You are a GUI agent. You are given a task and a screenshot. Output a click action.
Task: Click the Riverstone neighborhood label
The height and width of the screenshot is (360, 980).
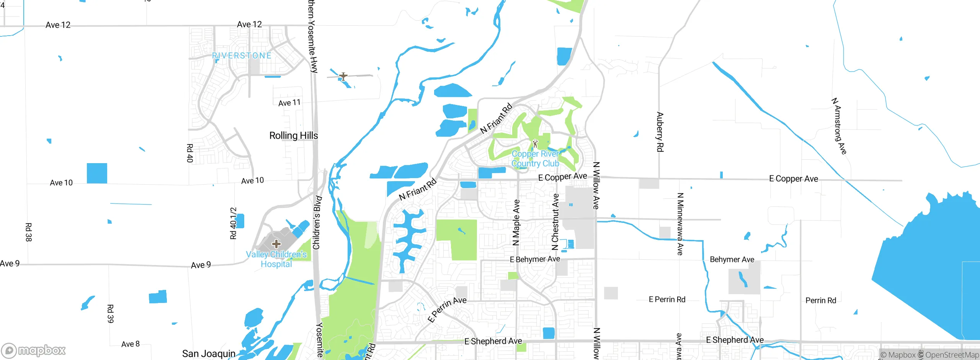coord(242,56)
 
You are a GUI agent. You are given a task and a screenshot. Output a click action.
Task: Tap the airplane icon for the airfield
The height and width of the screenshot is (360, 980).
coord(343,76)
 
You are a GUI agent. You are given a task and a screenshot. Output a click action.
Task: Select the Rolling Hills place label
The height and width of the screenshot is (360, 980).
coord(293,136)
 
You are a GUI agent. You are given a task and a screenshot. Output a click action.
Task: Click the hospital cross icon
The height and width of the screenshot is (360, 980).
coord(276,244)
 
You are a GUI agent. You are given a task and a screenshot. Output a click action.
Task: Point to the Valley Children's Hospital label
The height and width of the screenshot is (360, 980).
coord(276,259)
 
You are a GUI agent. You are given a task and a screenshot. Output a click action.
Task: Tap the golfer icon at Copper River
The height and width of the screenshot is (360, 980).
coord(535,144)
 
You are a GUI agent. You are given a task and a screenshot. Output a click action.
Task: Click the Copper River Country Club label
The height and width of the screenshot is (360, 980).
coord(535,159)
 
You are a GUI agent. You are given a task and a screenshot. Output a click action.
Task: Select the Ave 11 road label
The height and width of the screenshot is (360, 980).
coord(289,103)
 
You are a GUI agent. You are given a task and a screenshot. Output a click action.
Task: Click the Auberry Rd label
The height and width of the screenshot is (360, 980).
coord(660,132)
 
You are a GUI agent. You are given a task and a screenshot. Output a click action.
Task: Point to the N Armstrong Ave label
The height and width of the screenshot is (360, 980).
coord(839,126)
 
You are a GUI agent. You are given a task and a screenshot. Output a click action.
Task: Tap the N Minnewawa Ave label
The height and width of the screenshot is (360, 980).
coord(680,224)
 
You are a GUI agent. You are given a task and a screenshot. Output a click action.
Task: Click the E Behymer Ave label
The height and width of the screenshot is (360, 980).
coord(535,259)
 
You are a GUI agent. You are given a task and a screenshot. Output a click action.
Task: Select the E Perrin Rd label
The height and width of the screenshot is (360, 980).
coord(667,299)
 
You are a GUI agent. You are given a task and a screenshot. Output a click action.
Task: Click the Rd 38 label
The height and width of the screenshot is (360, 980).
coord(29,232)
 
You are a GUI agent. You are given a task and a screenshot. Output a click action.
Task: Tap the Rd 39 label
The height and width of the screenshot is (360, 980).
coord(110,314)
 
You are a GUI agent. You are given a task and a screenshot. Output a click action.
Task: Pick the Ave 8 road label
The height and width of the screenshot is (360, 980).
coord(130,344)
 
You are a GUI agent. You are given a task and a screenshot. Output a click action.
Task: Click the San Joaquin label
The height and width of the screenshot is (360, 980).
coord(209,353)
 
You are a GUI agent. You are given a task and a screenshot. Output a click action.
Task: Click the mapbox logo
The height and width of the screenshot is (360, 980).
coord(34,350)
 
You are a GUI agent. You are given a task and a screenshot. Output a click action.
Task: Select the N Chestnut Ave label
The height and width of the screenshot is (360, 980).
coord(555,222)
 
